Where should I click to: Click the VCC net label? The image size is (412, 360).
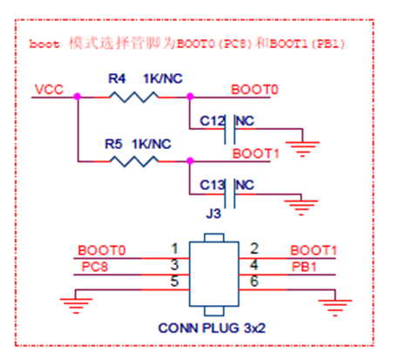pos(49,90)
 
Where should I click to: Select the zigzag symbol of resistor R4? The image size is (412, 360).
pos(134,97)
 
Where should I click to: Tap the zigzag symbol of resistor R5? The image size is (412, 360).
pos(134,161)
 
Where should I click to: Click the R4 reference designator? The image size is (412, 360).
pos(117,78)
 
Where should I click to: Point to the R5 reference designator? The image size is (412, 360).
pos(113,144)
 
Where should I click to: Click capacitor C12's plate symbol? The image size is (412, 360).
pos(230,129)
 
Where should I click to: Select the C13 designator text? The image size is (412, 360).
pos(213,185)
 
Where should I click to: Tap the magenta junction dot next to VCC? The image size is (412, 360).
pos(78,97)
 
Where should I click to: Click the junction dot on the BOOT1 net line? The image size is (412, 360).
pos(190,160)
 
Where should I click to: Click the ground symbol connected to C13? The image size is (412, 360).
pos(301,207)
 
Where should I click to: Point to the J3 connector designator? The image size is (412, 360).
pos(213,214)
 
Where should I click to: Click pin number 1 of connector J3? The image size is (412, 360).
pos(174,249)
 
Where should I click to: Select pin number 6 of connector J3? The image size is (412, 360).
pos(254,282)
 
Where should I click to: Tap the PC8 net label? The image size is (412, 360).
pos(95,267)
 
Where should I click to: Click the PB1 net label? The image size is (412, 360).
pos(304,267)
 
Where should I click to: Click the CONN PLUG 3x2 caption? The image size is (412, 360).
pos(212,328)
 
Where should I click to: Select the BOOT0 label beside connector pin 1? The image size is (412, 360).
pos(102,250)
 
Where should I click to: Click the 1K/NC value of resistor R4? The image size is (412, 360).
pos(163,78)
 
